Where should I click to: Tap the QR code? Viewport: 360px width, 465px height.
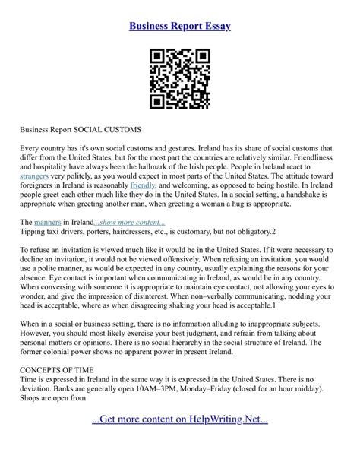pos(179,78)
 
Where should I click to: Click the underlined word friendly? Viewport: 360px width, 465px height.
pos(143,184)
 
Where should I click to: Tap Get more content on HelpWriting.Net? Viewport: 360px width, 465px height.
pos(180,419)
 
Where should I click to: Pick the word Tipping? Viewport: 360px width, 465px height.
pos(35,231)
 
